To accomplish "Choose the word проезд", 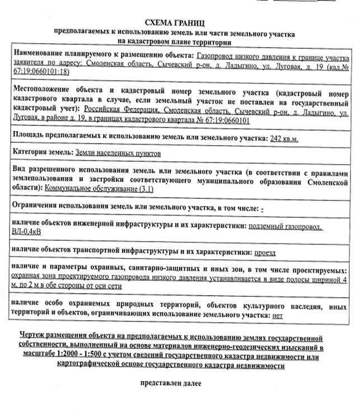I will point(264,253).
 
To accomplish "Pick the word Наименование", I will point(38,57).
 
